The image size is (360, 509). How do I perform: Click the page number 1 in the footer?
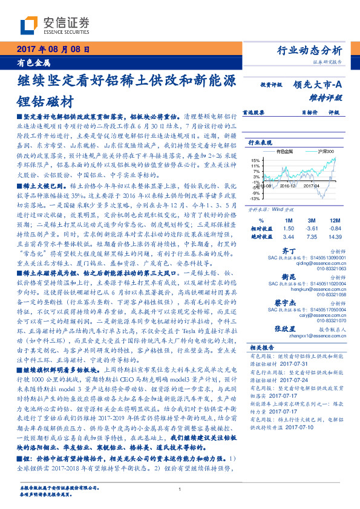point(180,488)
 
